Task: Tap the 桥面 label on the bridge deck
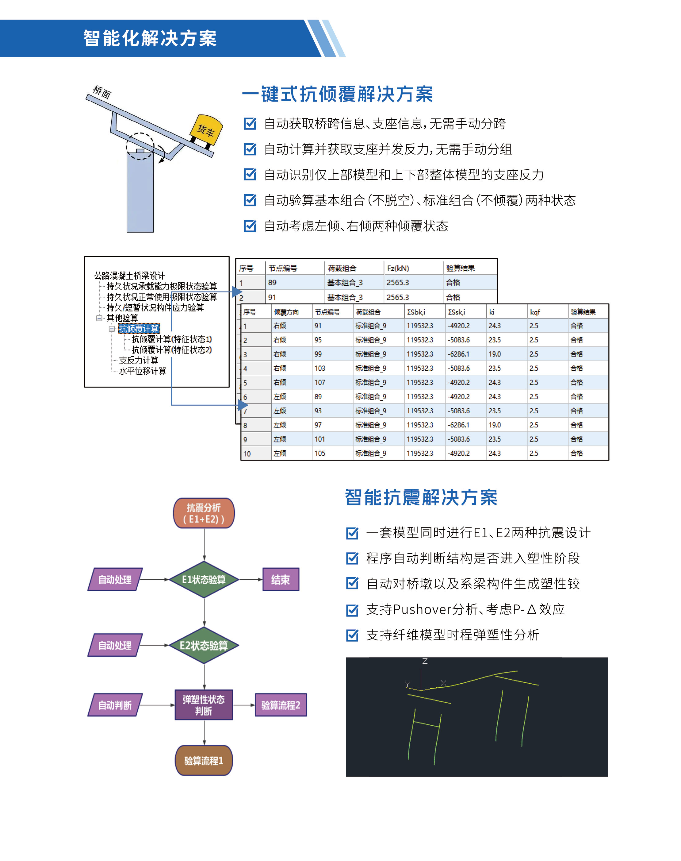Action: pyautogui.click(x=102, y=92)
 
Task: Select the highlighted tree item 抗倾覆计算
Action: pyautogui.click(x=139, y=328)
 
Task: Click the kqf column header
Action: pyautogui.click(x=535, y=312)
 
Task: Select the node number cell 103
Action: pyautogui.click(x=320, y=368)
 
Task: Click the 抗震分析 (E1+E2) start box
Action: pyautogui.click(x=204, y=513)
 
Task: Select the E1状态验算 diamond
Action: pyautogui.click(x=204, y=579)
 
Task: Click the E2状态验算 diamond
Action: pyautogui.click(x=204, y=645)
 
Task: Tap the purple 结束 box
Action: pyautogui.click(x=280, y=579)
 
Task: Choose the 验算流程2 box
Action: pyautogui.click(x=281, y=705)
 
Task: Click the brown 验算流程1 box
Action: pyautogui.click(x=204, y=760)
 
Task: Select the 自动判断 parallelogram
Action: pyautogui.click(x=115, y=705)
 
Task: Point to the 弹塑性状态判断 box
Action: pyautogui.click(x=204, y=705)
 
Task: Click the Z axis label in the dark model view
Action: pyautogui.click(x=425, y=662)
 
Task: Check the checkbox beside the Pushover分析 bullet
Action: pyautogui.click(x=352, y=610)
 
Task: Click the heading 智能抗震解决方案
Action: pyautogui.click(x=421, y=497)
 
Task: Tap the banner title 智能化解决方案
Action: pyautogui.click(x=150, y=38)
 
